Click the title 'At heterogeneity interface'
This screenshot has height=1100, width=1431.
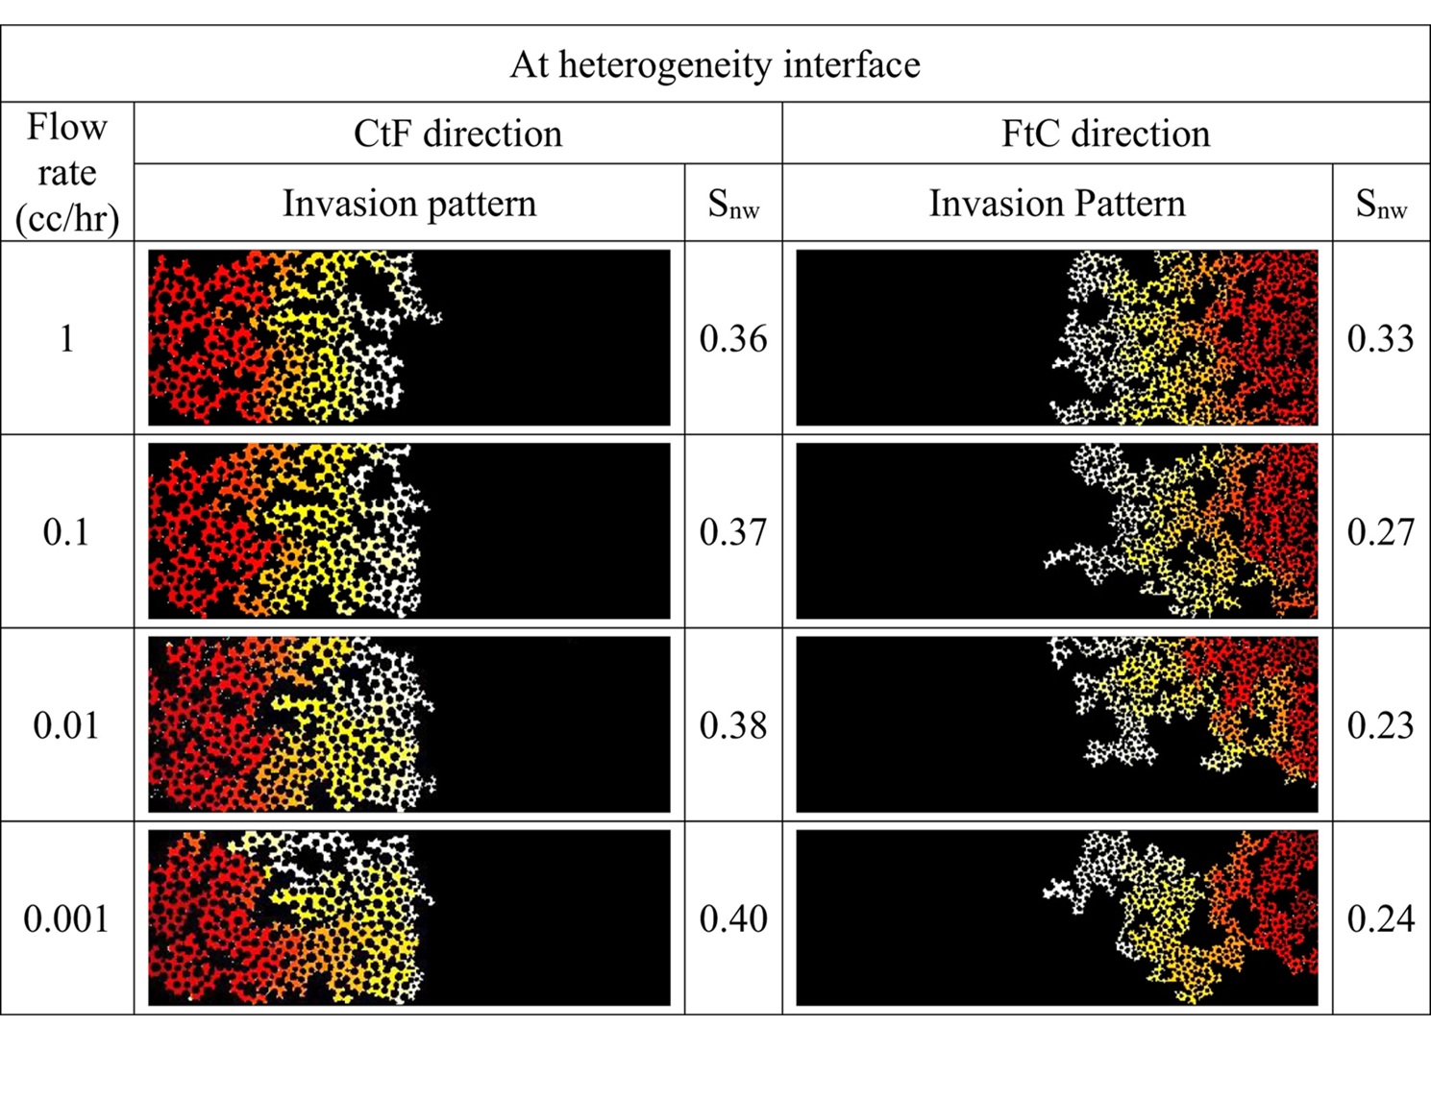tap(715, 64)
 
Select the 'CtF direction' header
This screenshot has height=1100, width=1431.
tap(457, 134)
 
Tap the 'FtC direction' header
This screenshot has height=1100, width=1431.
tap(1105, 134)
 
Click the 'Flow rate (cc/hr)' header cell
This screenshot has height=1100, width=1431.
tap(67, 173)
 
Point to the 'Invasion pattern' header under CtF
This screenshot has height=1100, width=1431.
tap(409, 204)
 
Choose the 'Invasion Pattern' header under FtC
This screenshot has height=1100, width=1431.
tap(1057, 204)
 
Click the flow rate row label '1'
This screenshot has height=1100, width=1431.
tap(66, 338)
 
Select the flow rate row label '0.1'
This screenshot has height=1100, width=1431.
tap(66, 531)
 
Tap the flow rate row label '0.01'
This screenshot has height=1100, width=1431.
tap(66, 725)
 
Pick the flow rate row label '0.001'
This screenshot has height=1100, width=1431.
tap(66, 919)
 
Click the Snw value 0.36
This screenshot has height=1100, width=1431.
tap(733, 339)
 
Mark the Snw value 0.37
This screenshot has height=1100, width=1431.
tap(733, 532)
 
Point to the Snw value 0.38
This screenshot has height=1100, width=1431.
tap(733, 726)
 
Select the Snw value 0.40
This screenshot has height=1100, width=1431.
tap(733, 919)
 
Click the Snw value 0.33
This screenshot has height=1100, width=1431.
tap(1381, 339)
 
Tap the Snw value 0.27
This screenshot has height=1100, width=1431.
tap(1381, 532)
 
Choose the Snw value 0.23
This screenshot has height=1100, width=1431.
tap(1381, 726)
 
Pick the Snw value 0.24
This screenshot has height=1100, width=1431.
tap(1381, 919)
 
